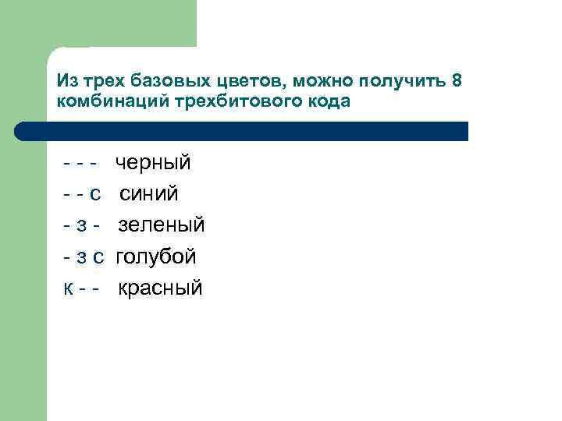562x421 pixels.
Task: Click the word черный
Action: pos(153,163)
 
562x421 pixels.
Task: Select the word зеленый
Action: pos(162,225)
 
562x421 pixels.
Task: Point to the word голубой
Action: pos(156,256)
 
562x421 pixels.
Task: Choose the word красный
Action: pos(160,288)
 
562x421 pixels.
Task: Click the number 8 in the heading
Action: pos(457,82)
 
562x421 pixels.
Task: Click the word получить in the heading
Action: pos(401,82)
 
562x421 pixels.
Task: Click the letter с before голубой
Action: pos(98,256)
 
